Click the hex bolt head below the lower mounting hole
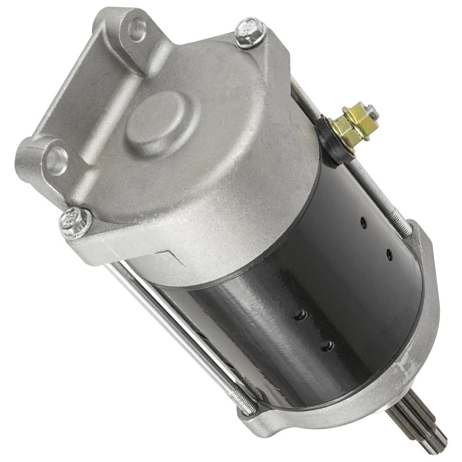(x=75, y=222)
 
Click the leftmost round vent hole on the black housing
(x=300, y=314)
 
